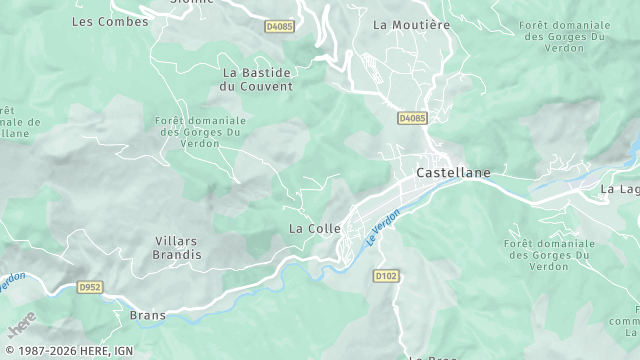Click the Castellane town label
[x=453, y=173]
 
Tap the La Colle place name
[x=314, y=229]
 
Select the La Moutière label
[x=411, y=24]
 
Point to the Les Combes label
[x=110, y=21]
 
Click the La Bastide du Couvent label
[x=257, y=79]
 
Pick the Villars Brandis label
[x=178, y=248]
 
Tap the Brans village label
[x=148, y=315]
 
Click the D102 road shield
[x=386, y=276]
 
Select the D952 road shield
[x=90, y=287]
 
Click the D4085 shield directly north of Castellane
[x=412, y=118]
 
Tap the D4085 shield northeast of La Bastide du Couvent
[x=279, y=27]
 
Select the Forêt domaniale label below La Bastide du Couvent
[x=200, y=131]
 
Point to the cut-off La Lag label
[x=621, y=188]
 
